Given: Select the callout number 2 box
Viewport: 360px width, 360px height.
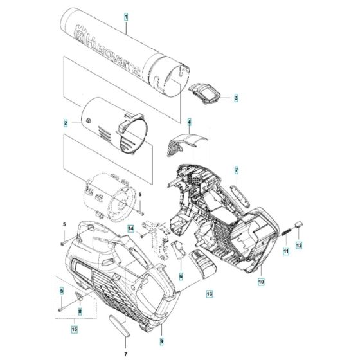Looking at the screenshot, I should coord(66,122).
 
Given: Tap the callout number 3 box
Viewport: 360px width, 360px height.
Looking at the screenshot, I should coord(235,98).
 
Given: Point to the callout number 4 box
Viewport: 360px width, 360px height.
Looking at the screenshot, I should coord(190,122).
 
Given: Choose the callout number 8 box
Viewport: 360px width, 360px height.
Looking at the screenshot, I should coord(80,312).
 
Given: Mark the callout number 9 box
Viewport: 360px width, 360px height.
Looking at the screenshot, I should coord(161,340).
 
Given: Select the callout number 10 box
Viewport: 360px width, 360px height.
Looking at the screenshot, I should coord(262,280).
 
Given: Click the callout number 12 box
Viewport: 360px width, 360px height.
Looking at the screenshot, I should coord(298,245).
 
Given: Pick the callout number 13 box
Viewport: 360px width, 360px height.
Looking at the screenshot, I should coord(209,293).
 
